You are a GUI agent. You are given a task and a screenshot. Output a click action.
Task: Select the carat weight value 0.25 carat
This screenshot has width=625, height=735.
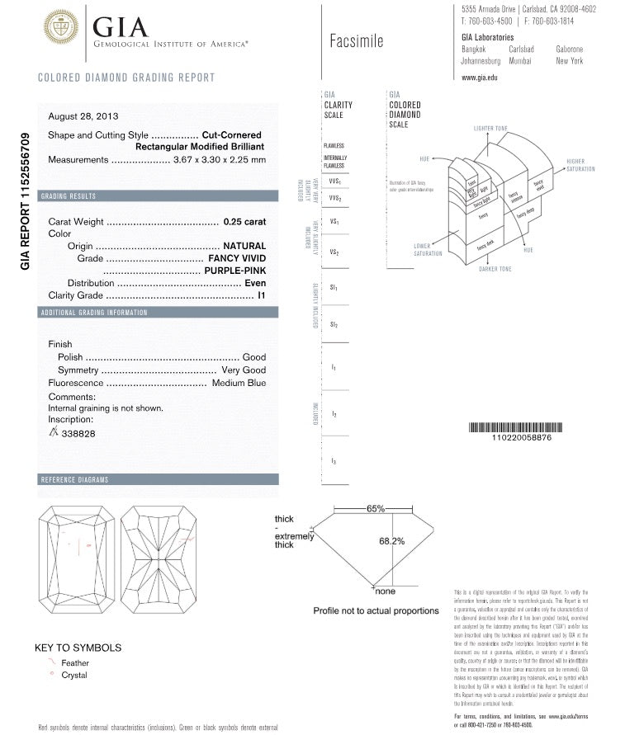245,221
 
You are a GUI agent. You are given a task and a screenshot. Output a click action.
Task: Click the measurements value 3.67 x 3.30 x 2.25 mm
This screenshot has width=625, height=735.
220,159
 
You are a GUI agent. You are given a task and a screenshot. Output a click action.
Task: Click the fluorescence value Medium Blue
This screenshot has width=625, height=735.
239,383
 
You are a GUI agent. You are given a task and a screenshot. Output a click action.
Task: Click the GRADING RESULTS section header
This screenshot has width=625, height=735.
69,196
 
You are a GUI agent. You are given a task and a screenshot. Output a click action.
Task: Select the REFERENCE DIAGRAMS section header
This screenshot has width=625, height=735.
74,479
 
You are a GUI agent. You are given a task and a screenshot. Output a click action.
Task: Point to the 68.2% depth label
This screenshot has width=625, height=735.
391,541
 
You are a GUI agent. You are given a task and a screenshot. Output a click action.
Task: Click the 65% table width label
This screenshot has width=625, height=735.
376,509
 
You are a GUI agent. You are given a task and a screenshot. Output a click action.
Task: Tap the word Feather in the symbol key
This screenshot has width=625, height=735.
75,662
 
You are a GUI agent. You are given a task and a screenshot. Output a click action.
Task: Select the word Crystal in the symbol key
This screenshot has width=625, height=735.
74,675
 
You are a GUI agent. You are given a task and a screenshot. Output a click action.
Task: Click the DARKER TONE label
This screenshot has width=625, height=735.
495,269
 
